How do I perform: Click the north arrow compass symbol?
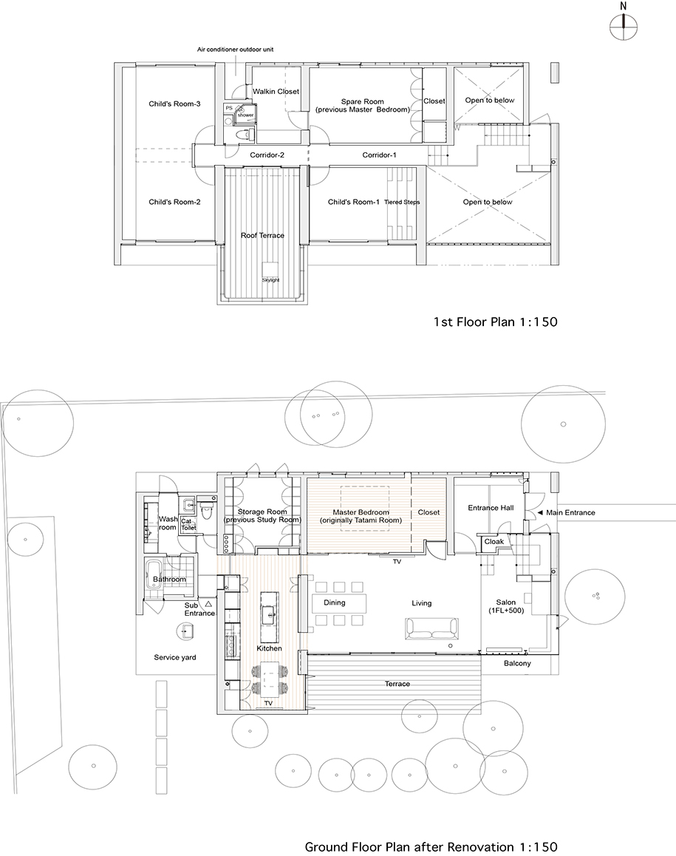coord(623,25)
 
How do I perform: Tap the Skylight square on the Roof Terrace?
coord(270,269)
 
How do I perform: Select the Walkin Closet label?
coord(276,91)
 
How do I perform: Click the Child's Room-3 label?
coord(174,103)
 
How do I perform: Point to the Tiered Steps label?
coord(402,202)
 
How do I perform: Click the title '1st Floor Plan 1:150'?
coord(496,322)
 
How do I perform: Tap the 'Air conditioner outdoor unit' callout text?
coord(235,49)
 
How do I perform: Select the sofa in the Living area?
coord(431,628)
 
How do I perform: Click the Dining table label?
coord(335,602)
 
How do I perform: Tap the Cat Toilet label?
coord(188,525)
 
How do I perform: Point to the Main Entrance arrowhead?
coord(539,512)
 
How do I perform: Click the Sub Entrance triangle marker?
coord(208,605)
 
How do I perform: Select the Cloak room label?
coord(494,542)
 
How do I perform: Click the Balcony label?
coord(517,663)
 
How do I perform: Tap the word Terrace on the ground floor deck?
coord(397,684)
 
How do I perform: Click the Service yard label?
coord(174,657)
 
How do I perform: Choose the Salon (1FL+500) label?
coord(506,606)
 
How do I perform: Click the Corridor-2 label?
coord(267,155)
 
